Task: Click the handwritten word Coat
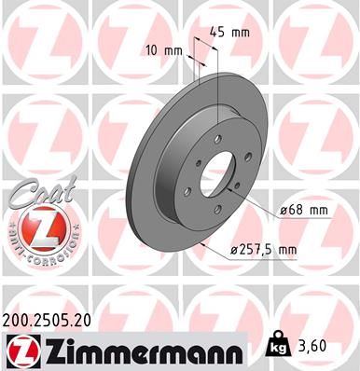click(x=33, y=193)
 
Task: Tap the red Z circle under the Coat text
click(x=34, y=227)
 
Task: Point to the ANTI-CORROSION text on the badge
click(x=34, y=248)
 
